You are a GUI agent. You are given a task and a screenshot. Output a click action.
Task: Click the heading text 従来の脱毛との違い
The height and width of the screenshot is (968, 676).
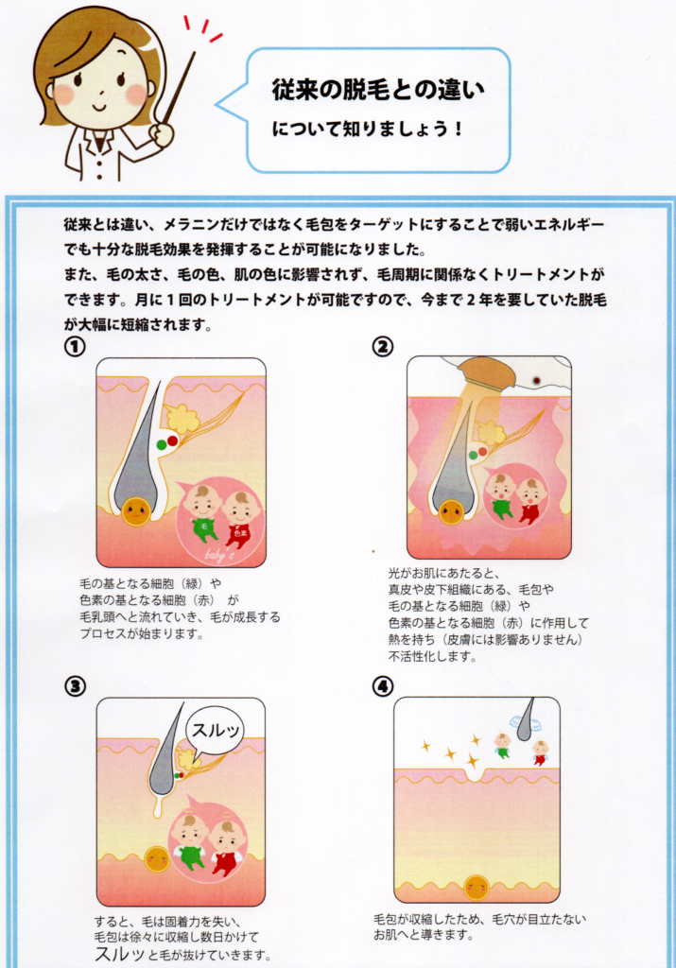coord(377,92)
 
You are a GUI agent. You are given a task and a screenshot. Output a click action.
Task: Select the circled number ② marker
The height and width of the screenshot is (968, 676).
coord(383,347)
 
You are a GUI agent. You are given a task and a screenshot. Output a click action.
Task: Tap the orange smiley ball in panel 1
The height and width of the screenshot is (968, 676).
coord(135,511)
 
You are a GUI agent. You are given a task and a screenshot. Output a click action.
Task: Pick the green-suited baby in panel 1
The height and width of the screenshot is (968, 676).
coord(202,515)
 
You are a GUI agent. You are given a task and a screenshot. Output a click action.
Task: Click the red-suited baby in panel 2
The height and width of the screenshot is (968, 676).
coord(530,501)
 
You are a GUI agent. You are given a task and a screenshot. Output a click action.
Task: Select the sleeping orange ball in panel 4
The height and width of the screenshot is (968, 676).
coord(477,887)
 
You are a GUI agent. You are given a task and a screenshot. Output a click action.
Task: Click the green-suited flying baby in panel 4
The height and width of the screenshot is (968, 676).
coord(503,745)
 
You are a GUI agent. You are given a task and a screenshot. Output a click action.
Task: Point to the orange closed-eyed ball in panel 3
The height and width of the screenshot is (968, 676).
coord(158,858)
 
